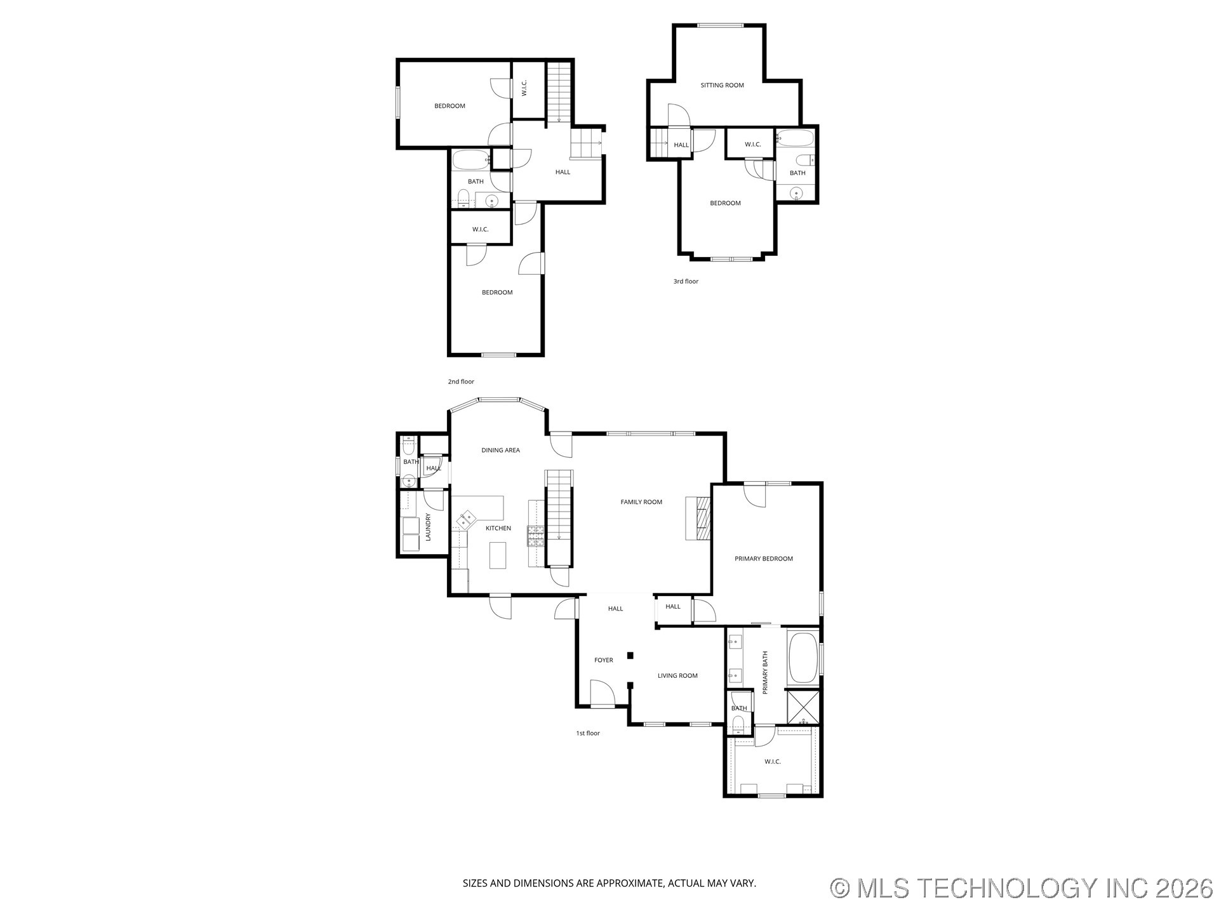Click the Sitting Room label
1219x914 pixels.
point(722,85)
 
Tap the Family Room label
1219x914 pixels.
point(641,502)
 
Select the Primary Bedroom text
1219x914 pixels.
point(764,559)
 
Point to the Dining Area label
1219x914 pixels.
point(500,450)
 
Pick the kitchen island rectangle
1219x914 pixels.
point(498,555)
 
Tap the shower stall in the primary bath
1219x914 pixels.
point(803,707)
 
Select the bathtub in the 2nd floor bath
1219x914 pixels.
point(470,160)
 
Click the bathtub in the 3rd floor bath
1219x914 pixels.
point(795,138)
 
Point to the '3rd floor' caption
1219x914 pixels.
point(686,281)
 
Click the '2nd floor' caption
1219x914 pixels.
point(461,381)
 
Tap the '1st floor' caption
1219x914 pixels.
point(588,733)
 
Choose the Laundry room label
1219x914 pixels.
point(428,527)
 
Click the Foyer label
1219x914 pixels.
point(604,660)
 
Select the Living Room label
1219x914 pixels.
point(677,675)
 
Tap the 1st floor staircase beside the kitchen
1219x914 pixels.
point(559,518)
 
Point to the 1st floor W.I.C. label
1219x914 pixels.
point(773,762)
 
